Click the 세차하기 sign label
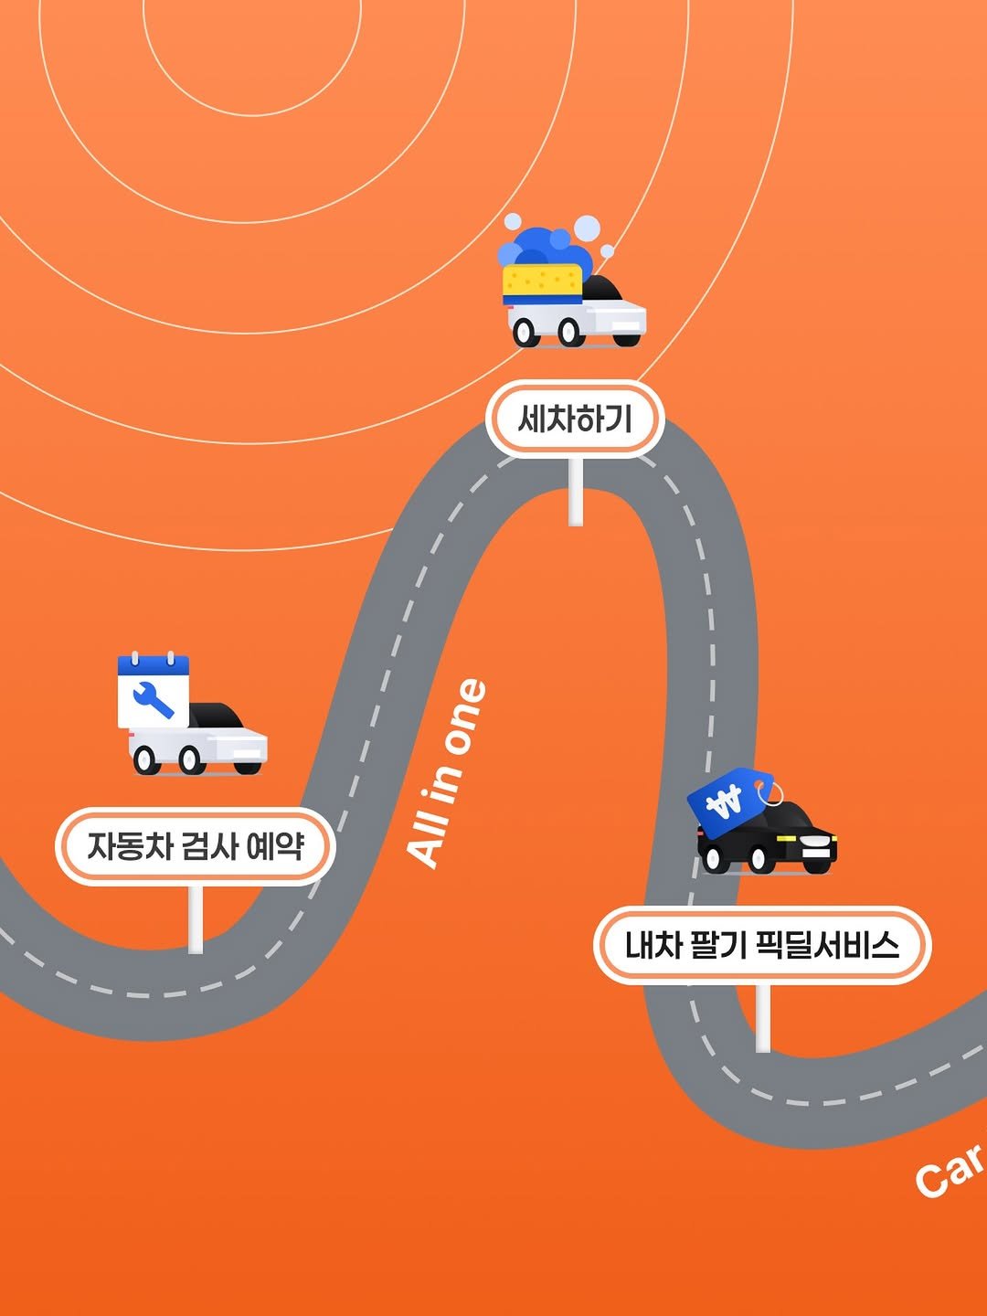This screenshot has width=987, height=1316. click(x=575, y=419)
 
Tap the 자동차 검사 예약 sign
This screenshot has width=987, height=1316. click(x=195, y=846)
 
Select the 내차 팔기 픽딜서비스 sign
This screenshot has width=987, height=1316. click(x=762, y=946)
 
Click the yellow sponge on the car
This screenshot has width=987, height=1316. click(x=543, y=283)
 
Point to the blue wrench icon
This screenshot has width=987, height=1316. click(x=154, y=699)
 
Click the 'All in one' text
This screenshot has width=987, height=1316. click(x=447, y=773)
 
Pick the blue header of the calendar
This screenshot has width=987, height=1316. click(x=154, y=665)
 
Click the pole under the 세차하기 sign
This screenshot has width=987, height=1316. click(x=576, y=492)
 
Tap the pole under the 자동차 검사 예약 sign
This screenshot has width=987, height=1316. click(x=196, y=919)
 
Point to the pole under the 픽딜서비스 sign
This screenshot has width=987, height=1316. click(x=762, y=1018)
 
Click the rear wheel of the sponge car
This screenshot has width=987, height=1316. click(x=525, y=333)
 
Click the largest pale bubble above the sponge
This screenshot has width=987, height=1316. click(x=588, y=228)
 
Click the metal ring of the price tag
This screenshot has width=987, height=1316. click(x=773, y=792)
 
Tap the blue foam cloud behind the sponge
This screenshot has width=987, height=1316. click(x=546, y=248)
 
